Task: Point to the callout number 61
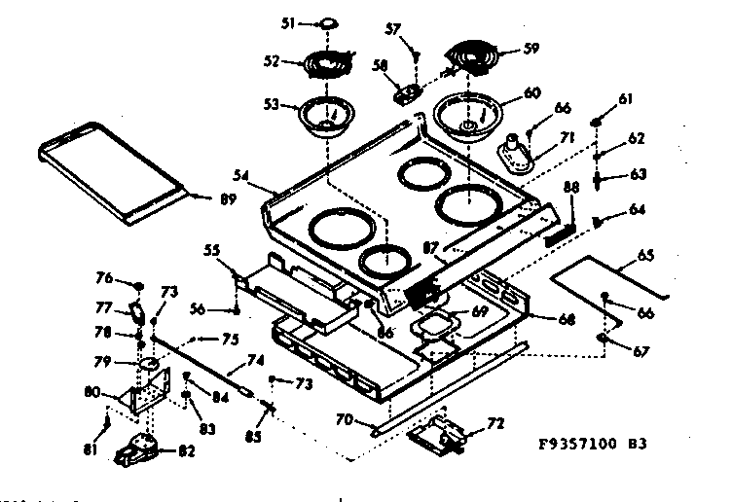(626, 100)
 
